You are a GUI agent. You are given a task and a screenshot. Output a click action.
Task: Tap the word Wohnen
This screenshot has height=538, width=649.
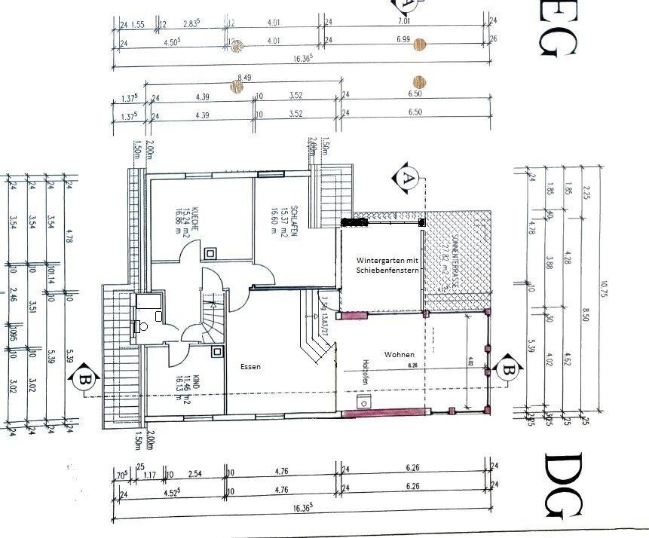(399, 353)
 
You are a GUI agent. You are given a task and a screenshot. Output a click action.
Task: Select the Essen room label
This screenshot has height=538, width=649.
(250, 367)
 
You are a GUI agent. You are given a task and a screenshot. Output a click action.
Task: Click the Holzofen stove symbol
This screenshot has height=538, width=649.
(366, 402)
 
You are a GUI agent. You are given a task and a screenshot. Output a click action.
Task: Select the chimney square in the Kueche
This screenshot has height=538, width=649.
(211, 254)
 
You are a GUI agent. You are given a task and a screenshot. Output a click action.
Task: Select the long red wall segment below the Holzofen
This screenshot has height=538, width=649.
(385, 412)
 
